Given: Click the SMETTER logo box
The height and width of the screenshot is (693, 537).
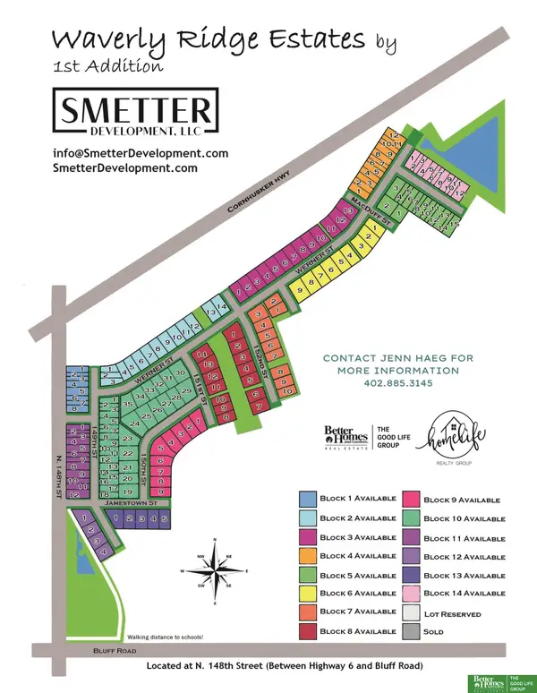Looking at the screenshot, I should click(x=135, y=114).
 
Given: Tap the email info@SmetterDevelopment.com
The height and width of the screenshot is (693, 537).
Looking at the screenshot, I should click(x=141, y=153).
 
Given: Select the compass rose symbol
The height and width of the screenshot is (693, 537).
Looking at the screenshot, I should click(x=215, y=570).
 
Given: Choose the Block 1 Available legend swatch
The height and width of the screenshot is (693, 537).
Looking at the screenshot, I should click(x=306, y=500).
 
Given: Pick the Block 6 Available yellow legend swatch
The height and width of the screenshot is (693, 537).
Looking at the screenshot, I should click(x=306, y=593).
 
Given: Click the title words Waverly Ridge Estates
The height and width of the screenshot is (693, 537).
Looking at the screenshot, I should click(x=209, y=40).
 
